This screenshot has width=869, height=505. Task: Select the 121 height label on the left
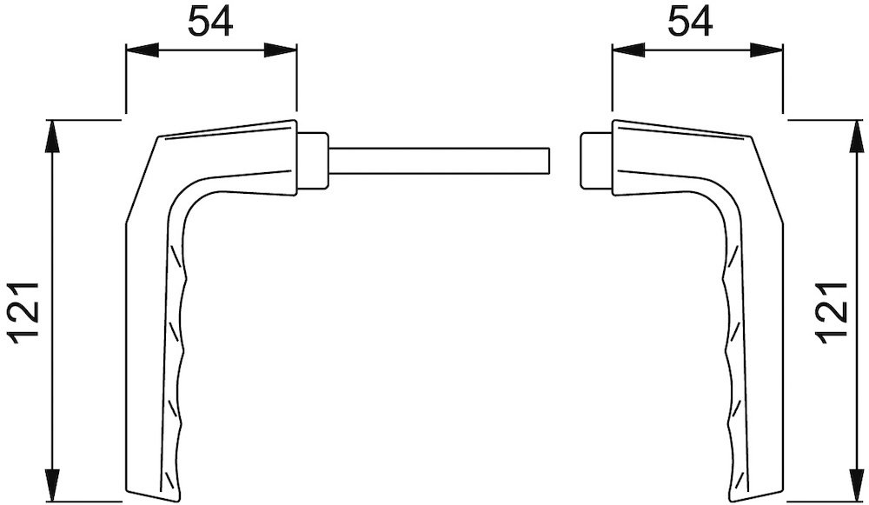click(x=23, y=312)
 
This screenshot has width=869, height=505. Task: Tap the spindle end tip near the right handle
click(x=549, y=161)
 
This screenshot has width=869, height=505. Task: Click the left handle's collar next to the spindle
click(x=313, y=160)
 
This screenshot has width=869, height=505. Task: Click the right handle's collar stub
click(x=596, y=160)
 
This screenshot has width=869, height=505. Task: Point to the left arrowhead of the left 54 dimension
click(x=143, y=50)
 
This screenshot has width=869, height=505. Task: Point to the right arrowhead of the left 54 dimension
click(x=281, y=50)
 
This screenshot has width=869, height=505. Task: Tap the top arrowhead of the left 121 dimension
click(x=51, y=136)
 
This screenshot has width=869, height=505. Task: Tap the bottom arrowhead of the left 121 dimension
click(x=51, y=486)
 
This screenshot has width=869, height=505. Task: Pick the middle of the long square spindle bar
click(x=440, y=161)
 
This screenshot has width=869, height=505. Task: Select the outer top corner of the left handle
click(x=158, y=136)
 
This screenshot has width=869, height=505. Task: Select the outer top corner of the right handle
click(x=751, y=136)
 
